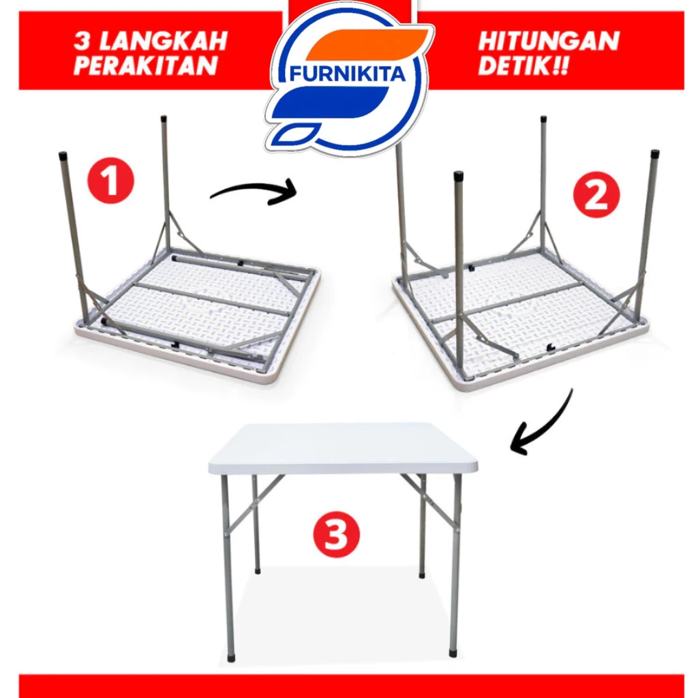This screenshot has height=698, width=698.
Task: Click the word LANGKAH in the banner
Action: click(164, 42)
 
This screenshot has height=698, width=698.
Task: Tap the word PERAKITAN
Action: click(146, 66)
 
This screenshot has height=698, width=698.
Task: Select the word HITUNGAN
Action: click(549, 42)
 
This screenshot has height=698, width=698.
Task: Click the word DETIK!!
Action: click(523, 66)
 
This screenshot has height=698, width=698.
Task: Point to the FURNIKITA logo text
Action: click(348, 74)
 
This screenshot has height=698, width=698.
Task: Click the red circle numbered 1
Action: click(111, 181)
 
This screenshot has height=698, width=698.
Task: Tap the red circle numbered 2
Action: click(596, 194)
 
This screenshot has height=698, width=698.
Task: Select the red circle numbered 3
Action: click(336, 534)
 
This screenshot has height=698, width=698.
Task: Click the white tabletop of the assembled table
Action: click(343, 447)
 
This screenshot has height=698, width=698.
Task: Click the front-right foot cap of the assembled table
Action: click(453, 653)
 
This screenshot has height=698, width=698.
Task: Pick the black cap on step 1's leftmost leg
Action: click(63, 157)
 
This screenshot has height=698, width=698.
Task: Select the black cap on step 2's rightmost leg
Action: click(655, 155)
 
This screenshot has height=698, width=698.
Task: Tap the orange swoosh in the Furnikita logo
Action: click(365, 44)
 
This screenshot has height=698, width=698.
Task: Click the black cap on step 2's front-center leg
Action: click(458, 177)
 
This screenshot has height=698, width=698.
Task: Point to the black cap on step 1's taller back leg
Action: click(164, 119)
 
